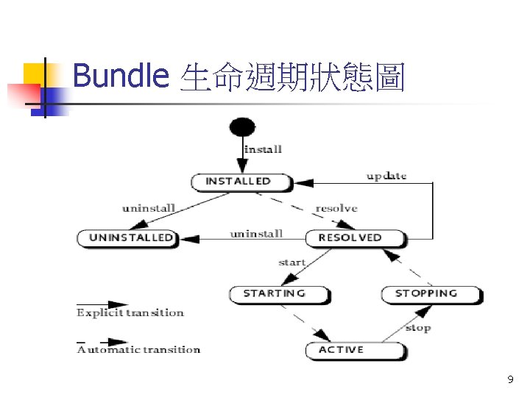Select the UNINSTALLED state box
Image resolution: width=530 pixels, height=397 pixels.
point(128,237)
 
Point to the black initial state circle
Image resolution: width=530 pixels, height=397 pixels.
point(242,126)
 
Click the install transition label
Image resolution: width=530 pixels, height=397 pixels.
point(263,150)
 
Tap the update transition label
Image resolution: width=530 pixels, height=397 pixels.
point(386,176)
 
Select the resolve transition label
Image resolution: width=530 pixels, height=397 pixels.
point(336,209)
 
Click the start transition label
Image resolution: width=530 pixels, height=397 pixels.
point(291,262)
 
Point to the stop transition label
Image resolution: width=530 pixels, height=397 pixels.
point(417,328)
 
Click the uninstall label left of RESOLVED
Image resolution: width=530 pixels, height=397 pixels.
point(256,234)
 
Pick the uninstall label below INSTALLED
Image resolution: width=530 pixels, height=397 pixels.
point(149,208)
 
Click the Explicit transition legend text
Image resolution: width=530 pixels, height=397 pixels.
point(130,313)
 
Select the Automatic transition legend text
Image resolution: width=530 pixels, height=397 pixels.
point(138,350)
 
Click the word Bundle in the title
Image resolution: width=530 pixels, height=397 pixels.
point(121,76)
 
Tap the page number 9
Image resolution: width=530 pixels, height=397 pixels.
point(510,380)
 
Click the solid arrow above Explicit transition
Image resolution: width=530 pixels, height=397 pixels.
point(103,304)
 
